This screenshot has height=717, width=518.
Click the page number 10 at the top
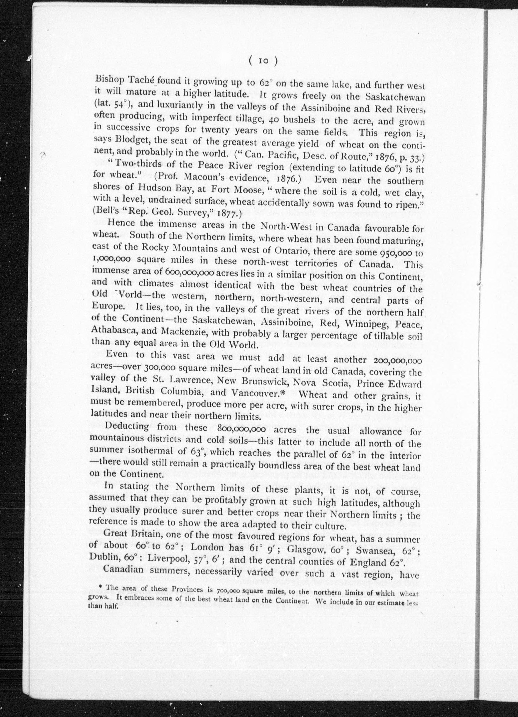(263, 61)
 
